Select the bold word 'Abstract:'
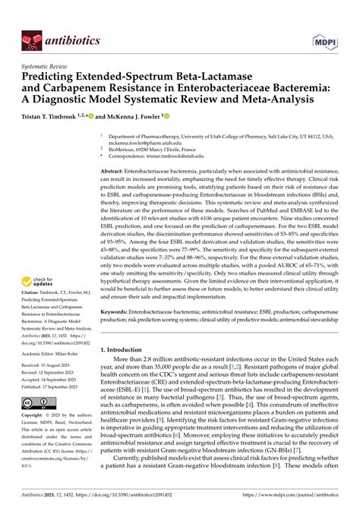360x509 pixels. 115,174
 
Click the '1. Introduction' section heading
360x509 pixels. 127,349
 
